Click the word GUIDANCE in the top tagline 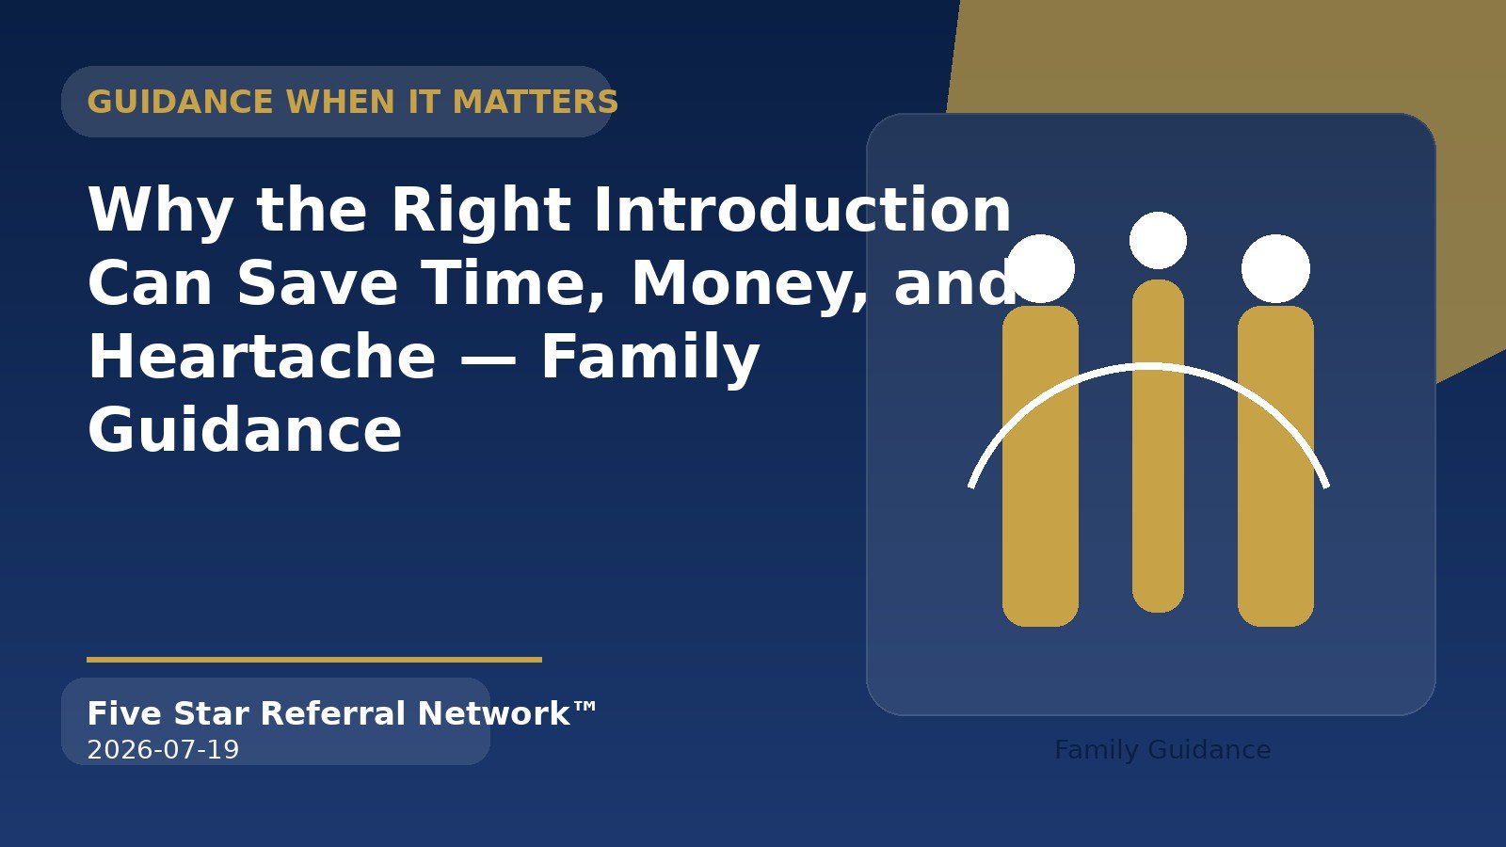coord(180,103)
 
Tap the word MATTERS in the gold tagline coord(536,103)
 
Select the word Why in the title coord(160,211)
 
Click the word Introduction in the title coord(803,209)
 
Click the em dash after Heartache coord(489,359)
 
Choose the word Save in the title coord(317,283)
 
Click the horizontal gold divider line coord(314,660)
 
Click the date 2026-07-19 coord(164,749)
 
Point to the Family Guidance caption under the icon coord(1162,749)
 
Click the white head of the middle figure coord(1158,240)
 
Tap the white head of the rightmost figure coord(1275,268)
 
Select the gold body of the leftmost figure coord(1040,466)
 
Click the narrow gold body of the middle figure coord(1158,446)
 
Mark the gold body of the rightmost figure coord(1275,466)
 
